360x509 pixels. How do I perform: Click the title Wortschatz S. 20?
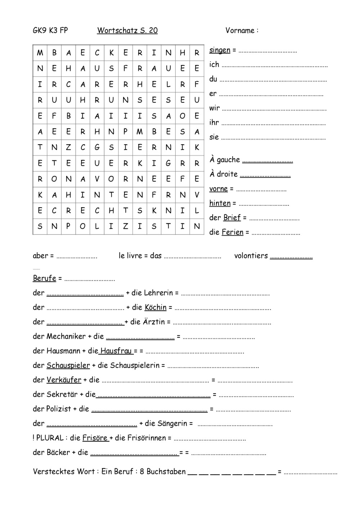pos(127,31)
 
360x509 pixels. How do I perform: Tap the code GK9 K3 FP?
pos(50,31)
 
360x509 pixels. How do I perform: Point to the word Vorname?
pos(240,31)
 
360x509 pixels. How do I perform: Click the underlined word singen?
pos(220,50)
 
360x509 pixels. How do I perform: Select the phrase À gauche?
pos(225,160)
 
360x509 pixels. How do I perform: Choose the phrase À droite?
pos(224,174)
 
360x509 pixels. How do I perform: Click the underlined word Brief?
pos(232,218)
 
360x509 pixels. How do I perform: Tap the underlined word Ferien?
pos(233,232)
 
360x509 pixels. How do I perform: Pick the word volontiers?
pos(251,256)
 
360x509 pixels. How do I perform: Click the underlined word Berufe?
pos(45,278)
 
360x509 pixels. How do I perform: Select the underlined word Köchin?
pos(156,308)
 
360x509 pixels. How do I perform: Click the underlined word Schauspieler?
pos(68,365)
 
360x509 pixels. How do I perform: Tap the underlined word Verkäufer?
pos(64,380)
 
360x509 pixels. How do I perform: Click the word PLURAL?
pos(50,438)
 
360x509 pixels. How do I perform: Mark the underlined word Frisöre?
pos(95,438)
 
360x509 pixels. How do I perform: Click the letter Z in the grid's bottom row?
pos(125,227)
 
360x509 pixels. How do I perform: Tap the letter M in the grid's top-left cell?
pos(40,53)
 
